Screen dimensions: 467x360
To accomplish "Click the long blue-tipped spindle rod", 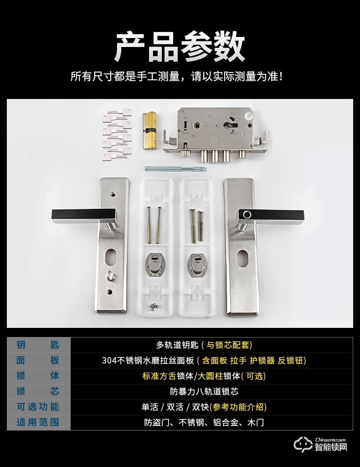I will [175, 168].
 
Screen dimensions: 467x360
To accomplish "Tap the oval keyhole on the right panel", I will [242, 258].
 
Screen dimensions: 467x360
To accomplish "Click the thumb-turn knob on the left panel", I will [111, 275].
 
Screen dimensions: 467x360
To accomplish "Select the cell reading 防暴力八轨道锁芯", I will [204, 391].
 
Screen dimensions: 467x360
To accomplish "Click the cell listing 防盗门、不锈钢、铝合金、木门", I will [204, 422].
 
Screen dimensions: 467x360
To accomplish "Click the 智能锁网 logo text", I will [331, 447].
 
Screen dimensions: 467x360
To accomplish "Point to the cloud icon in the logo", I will [303, 445].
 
